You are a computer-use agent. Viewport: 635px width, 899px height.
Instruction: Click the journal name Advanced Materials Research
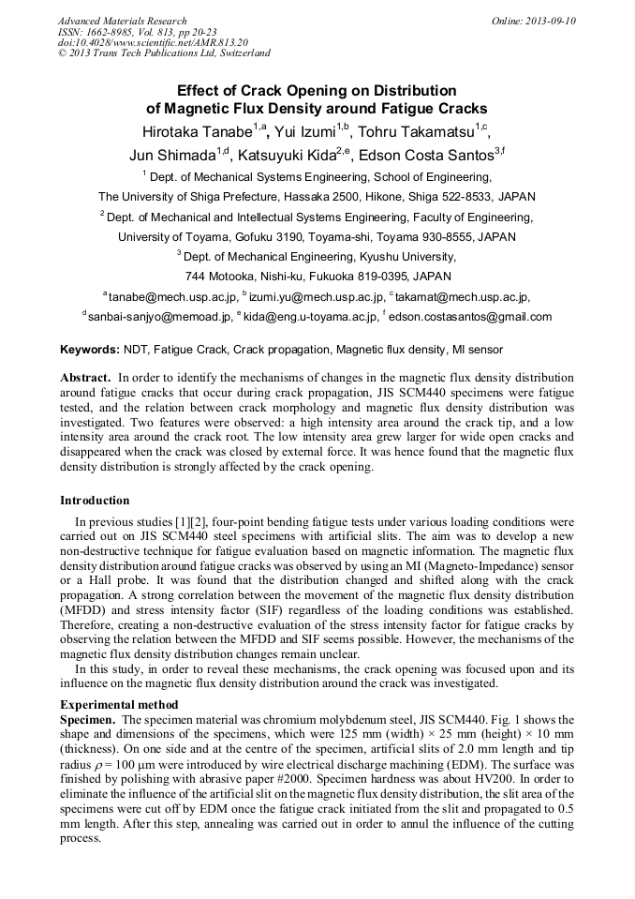click(122, 21)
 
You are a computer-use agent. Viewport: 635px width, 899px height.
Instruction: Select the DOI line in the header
click(153, 42)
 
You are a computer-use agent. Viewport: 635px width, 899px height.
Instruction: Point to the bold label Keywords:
click(90, 350)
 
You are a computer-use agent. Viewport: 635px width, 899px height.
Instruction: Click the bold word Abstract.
click(85, 378)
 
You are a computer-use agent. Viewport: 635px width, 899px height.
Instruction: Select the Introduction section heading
click(95, 501)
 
